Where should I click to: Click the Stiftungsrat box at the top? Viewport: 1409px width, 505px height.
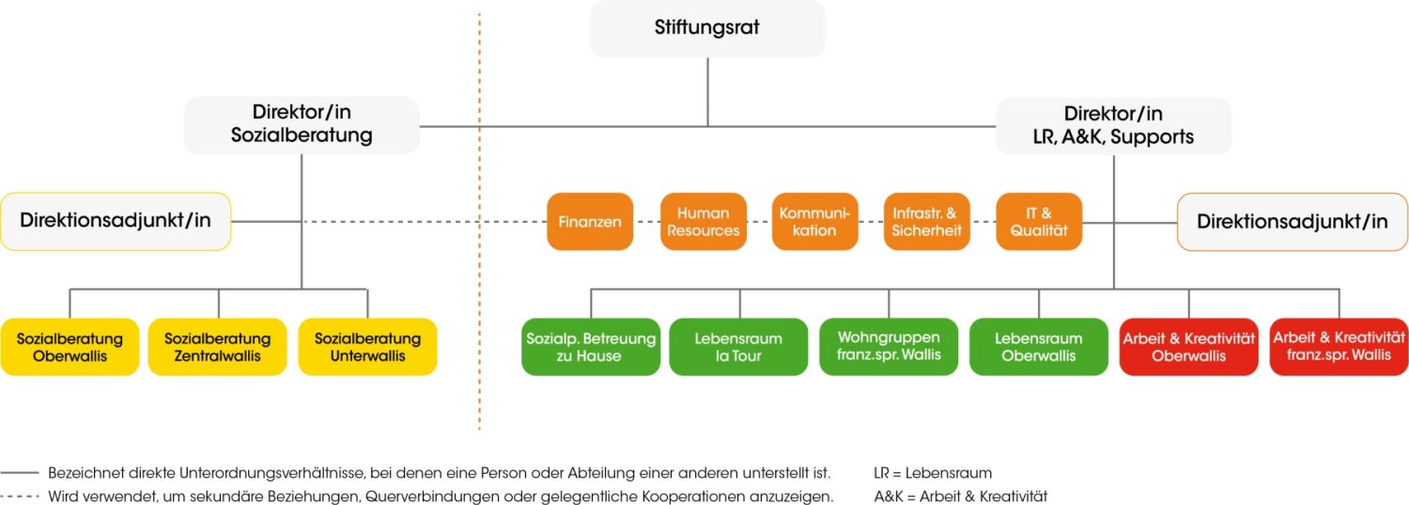point(707,28)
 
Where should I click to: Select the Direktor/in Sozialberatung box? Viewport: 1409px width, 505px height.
point(302,124)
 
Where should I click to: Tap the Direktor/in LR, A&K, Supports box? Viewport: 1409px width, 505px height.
point(1113,125)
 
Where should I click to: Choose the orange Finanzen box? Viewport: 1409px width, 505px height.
point(590,222)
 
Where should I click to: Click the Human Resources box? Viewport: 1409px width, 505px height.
point(703,222)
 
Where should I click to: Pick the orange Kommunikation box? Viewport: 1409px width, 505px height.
point(814,222)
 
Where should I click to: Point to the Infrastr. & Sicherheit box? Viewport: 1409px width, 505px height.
point(927,222)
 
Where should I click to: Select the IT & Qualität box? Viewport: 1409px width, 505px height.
point(1039,222)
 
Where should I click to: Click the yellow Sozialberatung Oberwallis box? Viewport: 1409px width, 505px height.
point(70,347)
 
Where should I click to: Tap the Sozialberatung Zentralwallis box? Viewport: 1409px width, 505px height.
point(217,347)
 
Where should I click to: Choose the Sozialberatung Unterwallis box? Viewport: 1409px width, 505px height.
point(367,347)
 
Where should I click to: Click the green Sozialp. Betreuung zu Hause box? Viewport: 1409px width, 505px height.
point(591,347)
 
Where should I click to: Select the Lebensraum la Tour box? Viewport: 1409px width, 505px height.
point(738,347)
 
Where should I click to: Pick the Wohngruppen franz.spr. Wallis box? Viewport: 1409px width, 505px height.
point(889,347)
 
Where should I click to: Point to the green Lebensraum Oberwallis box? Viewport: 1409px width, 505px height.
point(1039,347)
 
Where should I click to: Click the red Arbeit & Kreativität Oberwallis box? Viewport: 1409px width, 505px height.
point(1189,347)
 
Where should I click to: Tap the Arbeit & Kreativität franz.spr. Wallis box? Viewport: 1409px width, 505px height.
point(1339,347)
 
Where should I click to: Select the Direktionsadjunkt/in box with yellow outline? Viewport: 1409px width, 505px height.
point(116,222)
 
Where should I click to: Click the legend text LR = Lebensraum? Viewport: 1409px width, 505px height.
point(933,473)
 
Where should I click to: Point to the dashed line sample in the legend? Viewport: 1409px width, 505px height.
point(20,497)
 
